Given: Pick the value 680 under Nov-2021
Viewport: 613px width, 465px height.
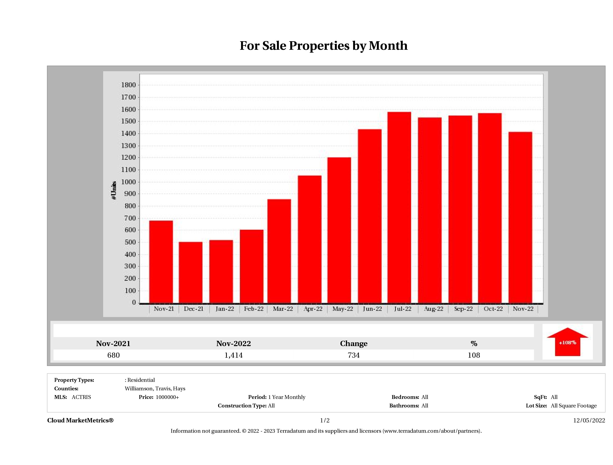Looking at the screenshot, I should tap(113, 355).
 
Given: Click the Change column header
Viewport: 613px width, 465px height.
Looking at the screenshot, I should tap(354, 344).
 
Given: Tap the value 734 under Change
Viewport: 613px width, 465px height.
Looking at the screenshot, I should tap(354, 355).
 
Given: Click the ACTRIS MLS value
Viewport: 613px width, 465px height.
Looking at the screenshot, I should tap(81, 397).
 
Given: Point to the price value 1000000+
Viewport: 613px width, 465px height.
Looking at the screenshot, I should tap(167, 397).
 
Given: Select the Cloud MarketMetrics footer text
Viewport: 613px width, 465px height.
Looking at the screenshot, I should tap(80, 420).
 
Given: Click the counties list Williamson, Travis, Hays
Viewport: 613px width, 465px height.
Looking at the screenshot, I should tap(155, 388).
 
